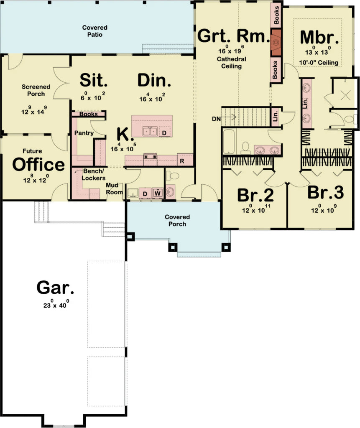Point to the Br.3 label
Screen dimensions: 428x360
coord(325,193)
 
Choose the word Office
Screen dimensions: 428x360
coord(38,165)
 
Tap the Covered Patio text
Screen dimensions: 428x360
coord(94,31)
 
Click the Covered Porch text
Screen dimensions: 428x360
coord(177,220)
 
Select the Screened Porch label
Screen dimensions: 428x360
coord(36,90)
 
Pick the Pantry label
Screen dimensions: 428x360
coord(84,133)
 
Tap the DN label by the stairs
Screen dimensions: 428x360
coord(216,119)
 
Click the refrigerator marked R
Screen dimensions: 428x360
coord(182,160)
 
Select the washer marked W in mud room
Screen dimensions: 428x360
coord(158,193)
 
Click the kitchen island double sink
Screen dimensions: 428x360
coord(150,132)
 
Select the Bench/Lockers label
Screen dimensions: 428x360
coord(94,175)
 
